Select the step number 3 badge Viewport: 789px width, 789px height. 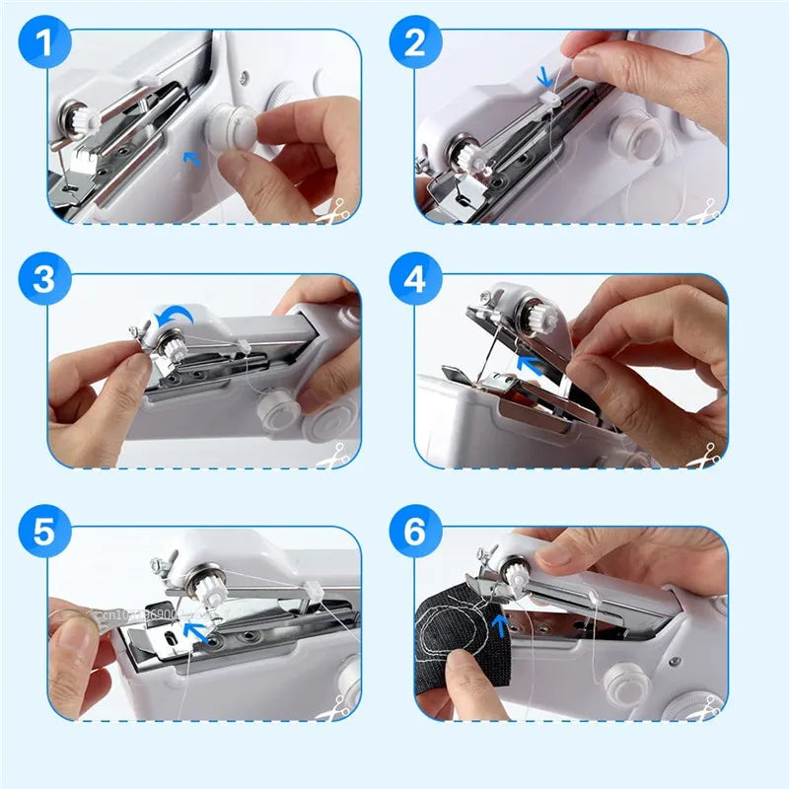45,280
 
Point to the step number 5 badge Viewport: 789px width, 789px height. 45,533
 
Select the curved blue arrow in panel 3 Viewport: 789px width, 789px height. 179,315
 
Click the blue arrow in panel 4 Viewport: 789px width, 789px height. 534,367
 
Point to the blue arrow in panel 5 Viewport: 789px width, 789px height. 198,631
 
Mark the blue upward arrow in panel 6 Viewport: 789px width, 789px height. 502,624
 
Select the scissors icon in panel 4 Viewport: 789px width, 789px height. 706,457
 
